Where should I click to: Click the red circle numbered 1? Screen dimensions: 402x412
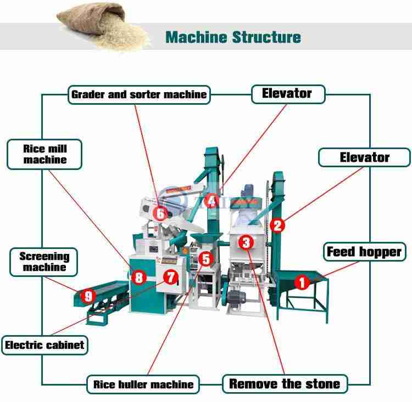[x=302, y=282]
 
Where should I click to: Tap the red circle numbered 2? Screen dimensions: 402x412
[x=277, y=225]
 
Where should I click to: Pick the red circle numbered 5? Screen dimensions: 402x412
[x=205, y=258]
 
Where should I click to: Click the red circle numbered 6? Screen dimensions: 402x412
[x=160, y=213]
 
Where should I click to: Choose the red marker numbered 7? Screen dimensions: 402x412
[x=171, y=278]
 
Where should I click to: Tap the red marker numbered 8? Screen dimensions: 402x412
[x=139, y=278]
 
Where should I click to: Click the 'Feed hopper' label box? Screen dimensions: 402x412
[x=364, y=252]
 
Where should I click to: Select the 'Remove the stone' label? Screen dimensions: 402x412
[x=285, y=383]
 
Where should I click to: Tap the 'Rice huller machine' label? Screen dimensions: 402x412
[x=143, y=384]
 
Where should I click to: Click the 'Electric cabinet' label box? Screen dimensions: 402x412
[x=44, y=345]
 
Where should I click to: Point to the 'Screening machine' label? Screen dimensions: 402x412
[x=44, y=262]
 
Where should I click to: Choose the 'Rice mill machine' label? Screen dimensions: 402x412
[x=45, y=154]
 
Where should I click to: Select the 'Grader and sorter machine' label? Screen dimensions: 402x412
[x=139, y=94]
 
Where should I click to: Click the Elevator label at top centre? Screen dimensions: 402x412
[x=287, y=93]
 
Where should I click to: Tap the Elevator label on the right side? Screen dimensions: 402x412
[x=364, y=157]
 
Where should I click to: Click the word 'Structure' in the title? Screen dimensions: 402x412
[x=266, y=37]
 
